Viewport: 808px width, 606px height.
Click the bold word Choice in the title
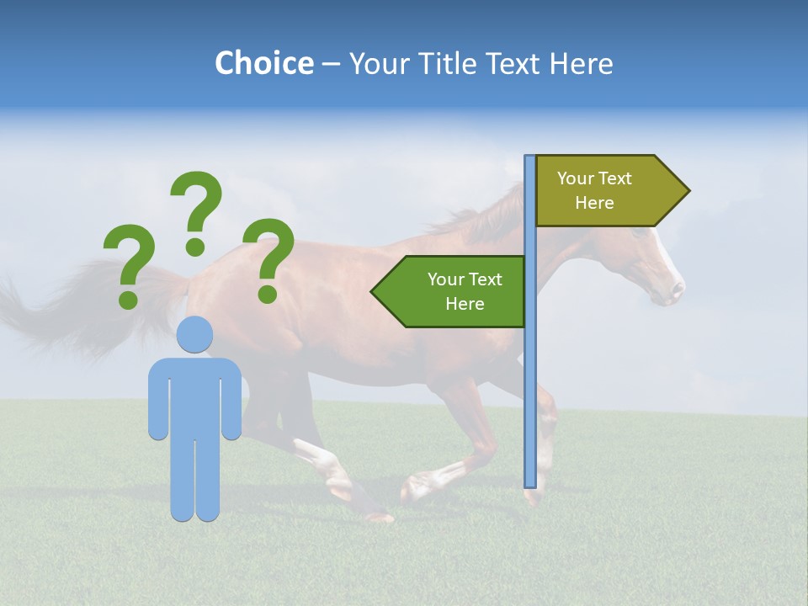coord(263,64)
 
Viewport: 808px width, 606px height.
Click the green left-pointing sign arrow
coord(450,291)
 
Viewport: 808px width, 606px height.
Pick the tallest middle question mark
coord(195,210)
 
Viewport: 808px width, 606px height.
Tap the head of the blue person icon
coord(195,334)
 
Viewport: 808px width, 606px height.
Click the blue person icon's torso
coord(195,396)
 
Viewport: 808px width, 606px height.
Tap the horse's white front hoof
coord(417,486)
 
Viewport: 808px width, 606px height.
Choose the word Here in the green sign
coord(465,304)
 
